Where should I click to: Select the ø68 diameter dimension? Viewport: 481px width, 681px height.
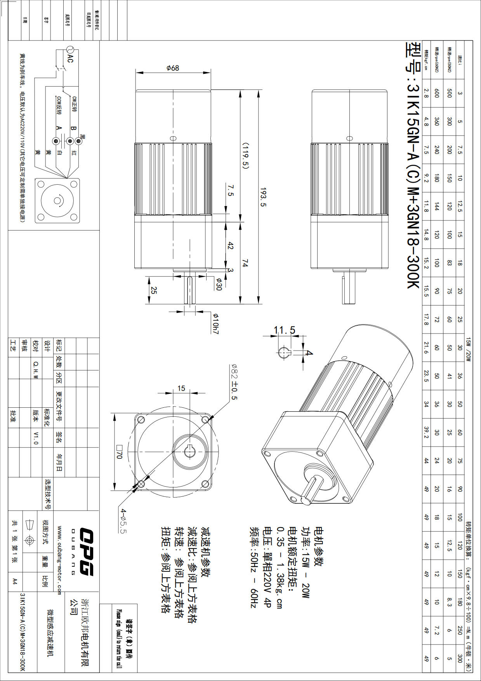click(x=173, y=68)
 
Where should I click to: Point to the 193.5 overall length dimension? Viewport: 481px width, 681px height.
click(x=264, y=197)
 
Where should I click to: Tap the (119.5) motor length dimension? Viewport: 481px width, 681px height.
click(x=245, y=155)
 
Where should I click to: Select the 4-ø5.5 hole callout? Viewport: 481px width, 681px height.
click(x=123, y=521)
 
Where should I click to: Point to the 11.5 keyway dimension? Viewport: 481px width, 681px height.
click(x=284, y=330)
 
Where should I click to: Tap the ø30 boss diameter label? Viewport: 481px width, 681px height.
click(x=219, y=284)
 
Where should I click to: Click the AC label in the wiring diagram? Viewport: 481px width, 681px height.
click(x=70, y=59)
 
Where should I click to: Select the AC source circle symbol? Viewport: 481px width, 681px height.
click(x=70, y=49)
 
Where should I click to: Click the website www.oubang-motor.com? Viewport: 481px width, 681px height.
click(x=59, y=560)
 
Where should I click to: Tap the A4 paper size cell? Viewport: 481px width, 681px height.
click(x=15, y=581)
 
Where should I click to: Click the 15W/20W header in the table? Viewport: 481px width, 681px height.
click(x=468, y=349)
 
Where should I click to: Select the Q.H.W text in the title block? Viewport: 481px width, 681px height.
click(x=36, y=369)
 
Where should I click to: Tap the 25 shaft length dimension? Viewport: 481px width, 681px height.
click(x=154, y=290)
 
